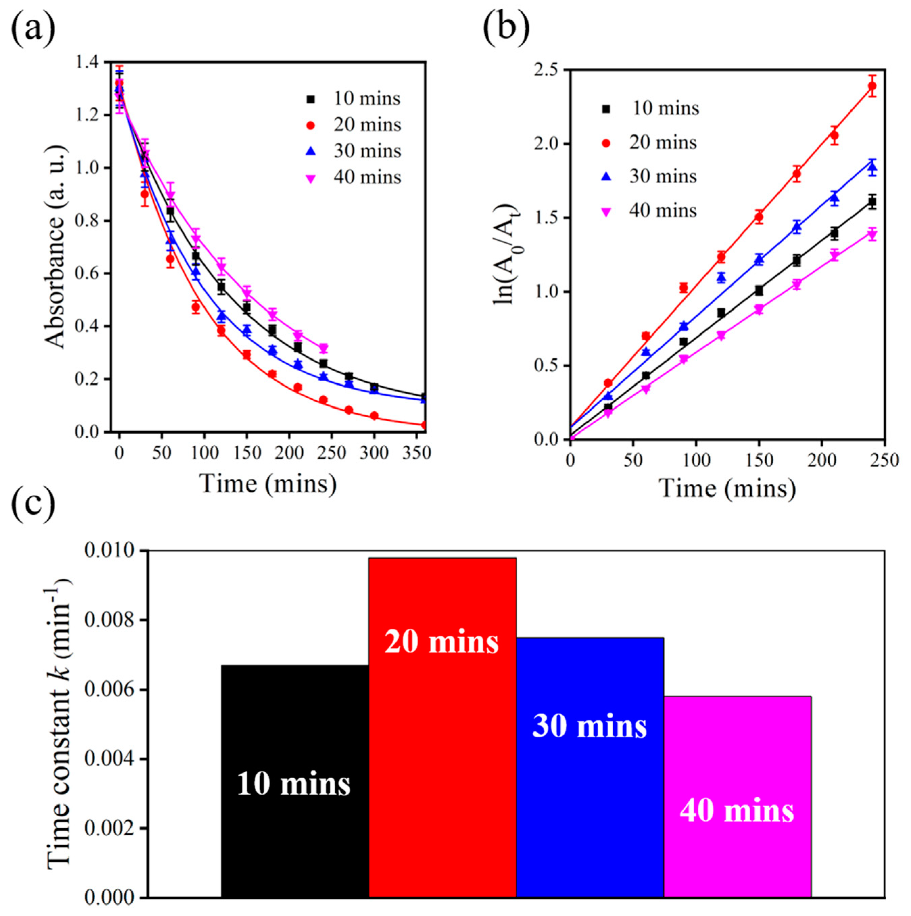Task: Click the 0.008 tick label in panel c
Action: [109, 621]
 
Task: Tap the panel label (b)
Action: [506, 28]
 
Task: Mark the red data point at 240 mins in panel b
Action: [872, 86]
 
